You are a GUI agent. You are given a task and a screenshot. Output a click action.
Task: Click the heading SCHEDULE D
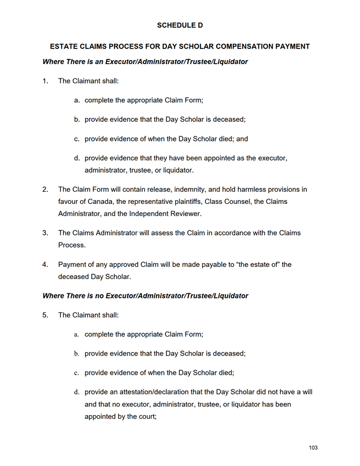pos(180,25)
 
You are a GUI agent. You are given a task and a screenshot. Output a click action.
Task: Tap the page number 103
pos(313,448)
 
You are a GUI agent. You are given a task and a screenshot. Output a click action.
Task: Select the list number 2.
pos(46,189)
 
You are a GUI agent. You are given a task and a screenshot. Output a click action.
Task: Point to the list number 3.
pos(46,233)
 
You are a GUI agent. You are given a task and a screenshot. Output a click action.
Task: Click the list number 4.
pos(46,264)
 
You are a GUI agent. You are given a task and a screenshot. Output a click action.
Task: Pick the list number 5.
pos(46,315)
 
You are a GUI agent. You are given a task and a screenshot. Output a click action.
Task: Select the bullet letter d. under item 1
pos(77,158)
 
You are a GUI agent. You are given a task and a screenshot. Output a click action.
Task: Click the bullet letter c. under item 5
pos(76,372)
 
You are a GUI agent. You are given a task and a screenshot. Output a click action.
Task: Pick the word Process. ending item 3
pos(72,245)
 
